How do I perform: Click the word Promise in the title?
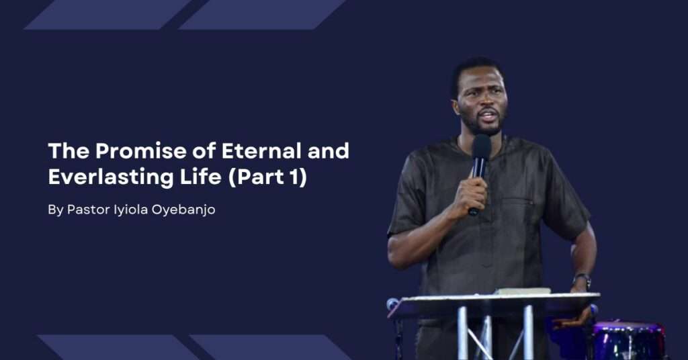[141, 151]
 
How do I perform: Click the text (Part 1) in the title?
[267, 177]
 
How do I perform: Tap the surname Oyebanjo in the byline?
[183, 210]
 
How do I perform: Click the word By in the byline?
[56, 210]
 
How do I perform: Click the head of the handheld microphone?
[481, 146]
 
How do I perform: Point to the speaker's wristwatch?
[582, 279]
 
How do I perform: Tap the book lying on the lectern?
[522, 291]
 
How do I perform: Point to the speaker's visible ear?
[456, 107]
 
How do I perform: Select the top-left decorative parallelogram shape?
[107, 15]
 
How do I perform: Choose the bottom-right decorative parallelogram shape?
[270, 347]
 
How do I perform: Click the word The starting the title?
[69, 151]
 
